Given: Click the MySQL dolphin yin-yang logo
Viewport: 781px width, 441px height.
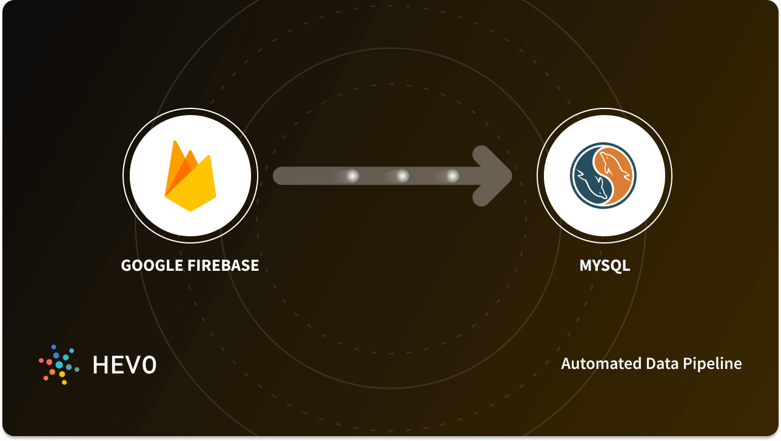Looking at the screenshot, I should click(x=604, y=176).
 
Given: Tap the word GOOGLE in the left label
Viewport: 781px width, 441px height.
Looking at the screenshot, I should click(x=150, y=265).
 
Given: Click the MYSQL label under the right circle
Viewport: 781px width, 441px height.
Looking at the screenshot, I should click(x=605, y=265).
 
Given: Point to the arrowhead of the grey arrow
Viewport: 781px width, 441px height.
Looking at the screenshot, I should click(x=494, y=176).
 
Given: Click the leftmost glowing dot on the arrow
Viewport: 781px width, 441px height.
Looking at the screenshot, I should click(x=352, y=176).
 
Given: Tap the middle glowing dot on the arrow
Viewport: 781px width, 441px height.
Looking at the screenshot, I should click(x=402, y=176).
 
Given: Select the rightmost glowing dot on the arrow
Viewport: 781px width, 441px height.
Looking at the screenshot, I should click(x=452, y=176).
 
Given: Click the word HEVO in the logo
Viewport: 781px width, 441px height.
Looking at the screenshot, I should click(x=124, y=364).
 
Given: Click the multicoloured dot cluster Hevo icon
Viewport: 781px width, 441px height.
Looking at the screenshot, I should click(x=59, y=364).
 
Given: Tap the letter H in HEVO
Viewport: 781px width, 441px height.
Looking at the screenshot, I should click(x=101, y=364).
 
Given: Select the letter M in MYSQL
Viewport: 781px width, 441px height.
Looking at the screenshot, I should click(x=586, y=265).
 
